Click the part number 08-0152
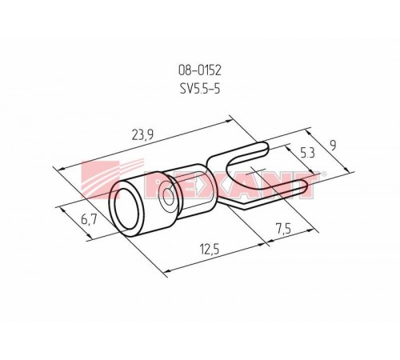coord(200,70)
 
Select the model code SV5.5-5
coord(200,88)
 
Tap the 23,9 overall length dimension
coord(142,135)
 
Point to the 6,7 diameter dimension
coord(89,220)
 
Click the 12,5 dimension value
coord(210,250)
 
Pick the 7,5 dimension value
coord(283,230)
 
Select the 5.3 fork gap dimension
coord(307,154)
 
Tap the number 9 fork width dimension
coord(332,146)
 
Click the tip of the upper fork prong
coord(267,147)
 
